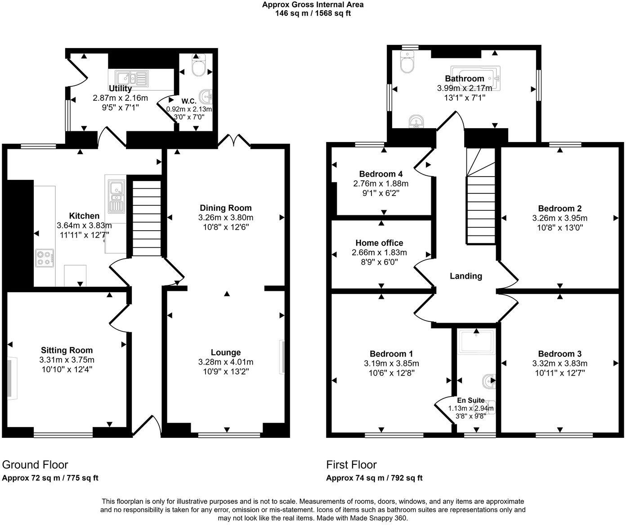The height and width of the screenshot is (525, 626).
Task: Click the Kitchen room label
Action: click(x=84, y=216)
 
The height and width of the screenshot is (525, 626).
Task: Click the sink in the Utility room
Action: click(x=131, y=78)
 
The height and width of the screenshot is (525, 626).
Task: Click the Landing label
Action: click(x=465, y=276)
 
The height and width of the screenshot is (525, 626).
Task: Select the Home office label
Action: click(x=379, y=243)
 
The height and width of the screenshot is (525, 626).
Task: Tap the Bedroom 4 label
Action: click(x=380, y=174)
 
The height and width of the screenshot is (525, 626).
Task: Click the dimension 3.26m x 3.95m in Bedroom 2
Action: click(x=559, y=218)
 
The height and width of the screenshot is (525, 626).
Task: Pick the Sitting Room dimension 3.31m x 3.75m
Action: click(x=67, y=360)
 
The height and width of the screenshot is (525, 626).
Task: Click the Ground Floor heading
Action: click(x=35, y=464)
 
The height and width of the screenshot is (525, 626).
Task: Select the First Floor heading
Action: click(x=351, y=464)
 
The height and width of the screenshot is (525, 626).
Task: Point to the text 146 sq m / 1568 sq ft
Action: click(x=313, y=13)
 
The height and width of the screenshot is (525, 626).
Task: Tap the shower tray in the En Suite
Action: click(x=476, y=341)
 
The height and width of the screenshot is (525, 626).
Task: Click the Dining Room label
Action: click(x=226, y=208)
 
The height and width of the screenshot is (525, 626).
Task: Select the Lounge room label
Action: click(x=226, y=352)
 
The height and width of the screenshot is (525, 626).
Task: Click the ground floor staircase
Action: click(x=146, y=218)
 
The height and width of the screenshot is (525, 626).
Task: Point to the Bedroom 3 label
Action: click(x=559, y=354)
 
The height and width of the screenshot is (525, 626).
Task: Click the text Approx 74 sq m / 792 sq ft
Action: click(x=374, y=478)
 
